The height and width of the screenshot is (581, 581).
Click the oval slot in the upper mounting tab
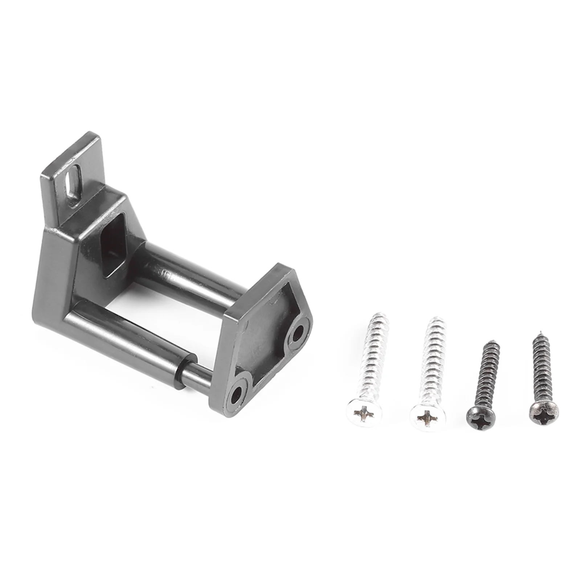73,182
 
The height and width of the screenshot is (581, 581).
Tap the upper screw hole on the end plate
298,334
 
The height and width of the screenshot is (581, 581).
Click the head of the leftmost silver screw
364,413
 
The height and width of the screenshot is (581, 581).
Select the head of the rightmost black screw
544,413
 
